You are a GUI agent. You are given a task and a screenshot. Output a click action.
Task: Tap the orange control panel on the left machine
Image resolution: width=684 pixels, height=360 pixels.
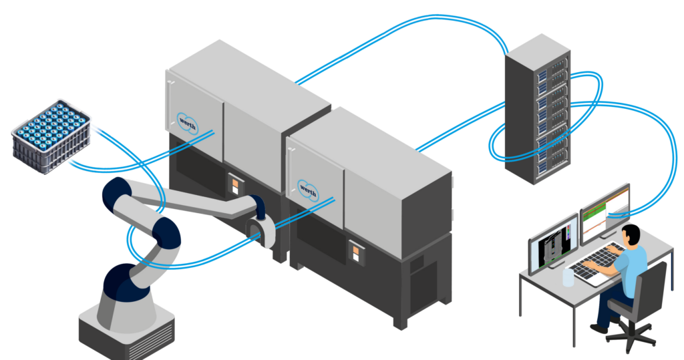pos(235,184)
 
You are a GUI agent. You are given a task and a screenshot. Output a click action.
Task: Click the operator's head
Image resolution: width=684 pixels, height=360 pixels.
pos(631,236)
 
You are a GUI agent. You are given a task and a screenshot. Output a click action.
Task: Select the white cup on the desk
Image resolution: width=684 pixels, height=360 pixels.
pos(568,277)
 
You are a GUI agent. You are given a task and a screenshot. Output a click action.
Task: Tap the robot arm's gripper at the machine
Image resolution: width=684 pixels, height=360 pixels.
pos(257,230)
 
